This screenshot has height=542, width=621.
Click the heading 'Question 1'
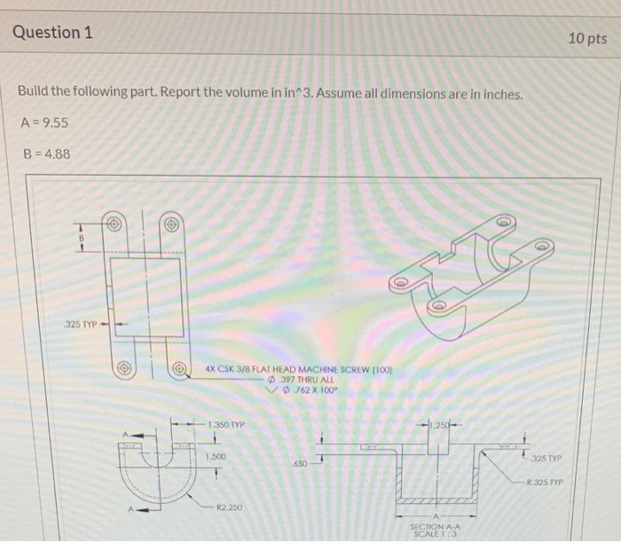(x=52, y=33)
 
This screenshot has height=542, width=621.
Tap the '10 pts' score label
(x=587, y=38)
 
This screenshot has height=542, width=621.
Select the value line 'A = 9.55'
(x=43, y=122)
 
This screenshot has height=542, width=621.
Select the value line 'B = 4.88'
(x=43, y=154)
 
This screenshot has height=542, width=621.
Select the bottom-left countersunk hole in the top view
(x=124, y=365)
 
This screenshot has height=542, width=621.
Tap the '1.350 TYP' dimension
(x=228, y=425)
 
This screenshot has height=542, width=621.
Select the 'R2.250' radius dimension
(x=230, y=507)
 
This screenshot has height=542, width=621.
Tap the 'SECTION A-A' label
(x=435, y=526)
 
